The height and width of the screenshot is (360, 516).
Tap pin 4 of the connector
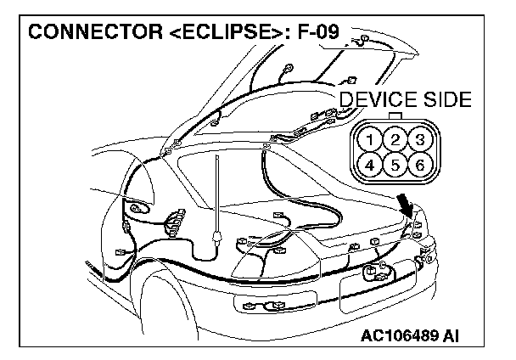point(369,164)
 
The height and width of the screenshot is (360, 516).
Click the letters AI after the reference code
point(452,337)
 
